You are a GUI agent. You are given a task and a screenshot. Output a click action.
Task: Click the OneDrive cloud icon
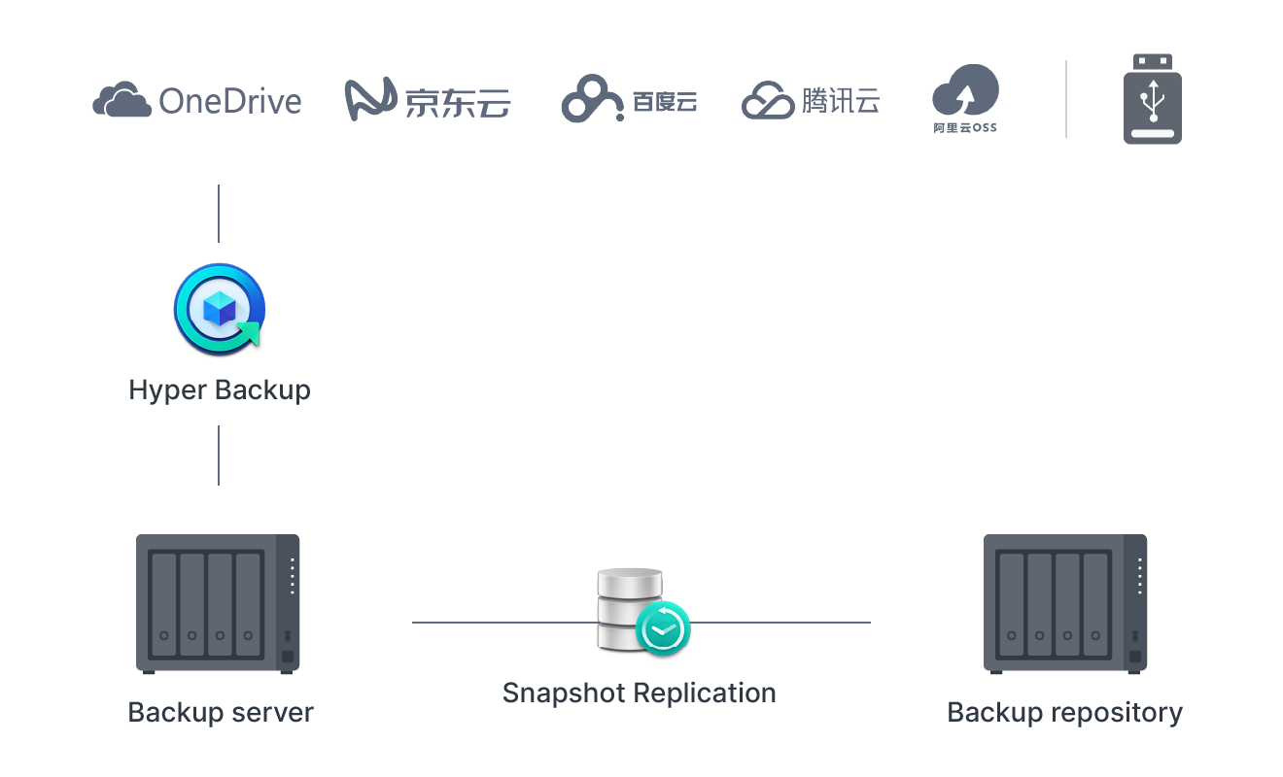(121, 100)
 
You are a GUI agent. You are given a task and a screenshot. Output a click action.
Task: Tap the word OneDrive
(230, 101)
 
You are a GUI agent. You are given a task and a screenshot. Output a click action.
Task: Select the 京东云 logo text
(457, 102)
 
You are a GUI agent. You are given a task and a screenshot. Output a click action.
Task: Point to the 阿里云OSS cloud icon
(964, 92)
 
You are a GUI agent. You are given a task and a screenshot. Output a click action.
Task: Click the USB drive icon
(1153, 99)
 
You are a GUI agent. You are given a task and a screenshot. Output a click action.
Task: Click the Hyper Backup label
(220, 390)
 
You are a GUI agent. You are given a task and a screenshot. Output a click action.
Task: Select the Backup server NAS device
(218, 603)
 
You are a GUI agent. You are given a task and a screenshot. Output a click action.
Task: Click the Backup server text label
(221, 712)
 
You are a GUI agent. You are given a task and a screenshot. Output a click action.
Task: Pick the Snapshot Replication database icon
(630, 610)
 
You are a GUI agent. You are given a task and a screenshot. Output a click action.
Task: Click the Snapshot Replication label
(639, 693)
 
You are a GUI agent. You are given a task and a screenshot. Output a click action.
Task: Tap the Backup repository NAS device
(1065, 603)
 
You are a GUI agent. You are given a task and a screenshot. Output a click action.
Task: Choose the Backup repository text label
(1064, 712)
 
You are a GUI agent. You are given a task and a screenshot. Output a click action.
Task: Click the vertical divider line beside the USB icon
(1066, 99)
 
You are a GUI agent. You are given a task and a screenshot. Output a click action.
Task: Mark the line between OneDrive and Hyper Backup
(219, 214)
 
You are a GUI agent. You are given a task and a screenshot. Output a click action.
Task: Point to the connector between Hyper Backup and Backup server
(219, 456)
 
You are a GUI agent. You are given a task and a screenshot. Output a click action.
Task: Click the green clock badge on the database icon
(663, 628)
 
